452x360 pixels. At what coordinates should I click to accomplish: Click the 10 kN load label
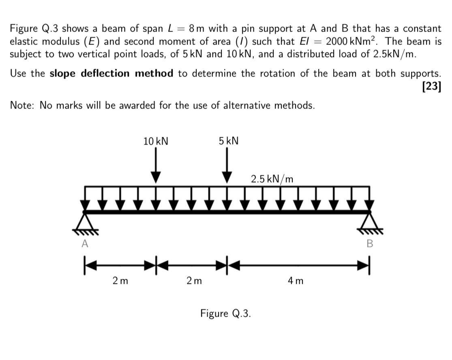tap(156, 141)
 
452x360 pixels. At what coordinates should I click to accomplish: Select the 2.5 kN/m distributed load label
tap(272, 179)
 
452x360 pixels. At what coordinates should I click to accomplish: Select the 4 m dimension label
tap(295, 280)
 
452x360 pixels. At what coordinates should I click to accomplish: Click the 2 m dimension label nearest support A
tap(120, 280)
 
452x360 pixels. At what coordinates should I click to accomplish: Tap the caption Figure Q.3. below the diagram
tap(225, 313)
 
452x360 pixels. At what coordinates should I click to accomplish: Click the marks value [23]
tap(431, 86)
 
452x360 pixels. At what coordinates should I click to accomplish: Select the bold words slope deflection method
tap(111, 74)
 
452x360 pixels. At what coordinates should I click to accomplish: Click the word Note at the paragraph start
tap(22, 106)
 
